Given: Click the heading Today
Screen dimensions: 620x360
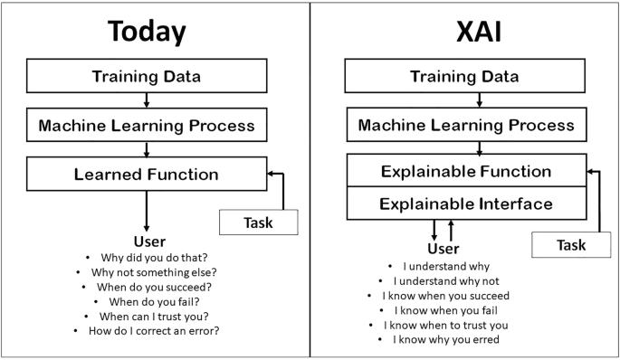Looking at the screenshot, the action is pyautogui.click(x=147, y=33).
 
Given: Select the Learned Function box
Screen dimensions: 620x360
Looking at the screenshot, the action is pyautogui.click(x=147, y=172).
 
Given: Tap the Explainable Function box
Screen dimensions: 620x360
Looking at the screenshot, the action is pyautogui.click(x=466, y=171).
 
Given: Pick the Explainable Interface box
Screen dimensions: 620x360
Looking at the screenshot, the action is pyautogui.click(x=466, y=204).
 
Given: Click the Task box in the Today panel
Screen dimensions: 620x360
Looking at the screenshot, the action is pyautogui.click(x=259, y=221).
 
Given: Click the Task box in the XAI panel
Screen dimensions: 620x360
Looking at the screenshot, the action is pyautogui.click(x=571, y=244).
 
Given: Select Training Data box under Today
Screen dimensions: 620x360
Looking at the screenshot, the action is pyautogui.click(x=147, y=76).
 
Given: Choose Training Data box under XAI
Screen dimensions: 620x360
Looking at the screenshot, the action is pyautogui.click(x=465, y=76).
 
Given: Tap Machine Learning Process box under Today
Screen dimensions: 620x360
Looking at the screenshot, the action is pyautogui.click(x=147, y=125).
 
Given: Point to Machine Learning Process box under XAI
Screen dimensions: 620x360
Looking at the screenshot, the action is pyautogui.click(x=465, y=125).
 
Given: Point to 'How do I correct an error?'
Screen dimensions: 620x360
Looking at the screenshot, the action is pyautogui.click(x=154, y=331).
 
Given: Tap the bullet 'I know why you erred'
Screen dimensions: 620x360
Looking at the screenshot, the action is pyautogui.click(x=444, y=339).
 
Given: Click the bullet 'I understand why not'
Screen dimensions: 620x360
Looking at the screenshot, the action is pyautogui.click(x=444, y=280).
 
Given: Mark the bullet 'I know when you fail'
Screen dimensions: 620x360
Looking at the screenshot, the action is pyautogui.click(x=444, y=310).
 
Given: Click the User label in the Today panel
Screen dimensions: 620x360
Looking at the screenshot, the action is pyautogui.click(x=147, y=242).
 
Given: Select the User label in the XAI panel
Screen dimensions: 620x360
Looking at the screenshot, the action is pyautogui.click(x=443, y=249).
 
